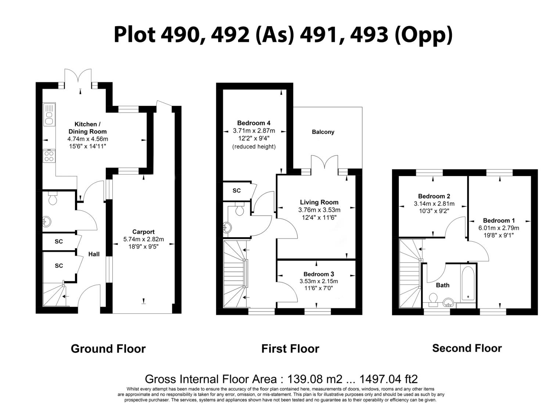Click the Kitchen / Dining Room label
click(x=87, y=128)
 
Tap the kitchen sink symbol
click(x=49, y=114)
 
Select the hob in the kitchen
click(x=49, y=156)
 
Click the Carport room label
click(x=143, y=232)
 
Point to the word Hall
click(x=94, y=254)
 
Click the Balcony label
click(x=323, y=132)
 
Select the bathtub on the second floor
click(x=468, y=282)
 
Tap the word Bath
click(x=442, y=285)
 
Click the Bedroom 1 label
click(x=498, y=221)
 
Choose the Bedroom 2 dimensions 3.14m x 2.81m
click(x=434, y=204)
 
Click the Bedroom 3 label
click(x=318, y=274)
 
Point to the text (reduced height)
click(x=254, y=146)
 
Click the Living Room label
click(x=319, y=202)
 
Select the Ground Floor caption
click(x=108, y=349)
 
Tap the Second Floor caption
click(x=467, y=348)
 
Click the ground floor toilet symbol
click(x=53, y=199)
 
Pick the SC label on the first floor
click(x=237, y=191)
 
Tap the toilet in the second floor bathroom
click(x=433, y=298)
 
